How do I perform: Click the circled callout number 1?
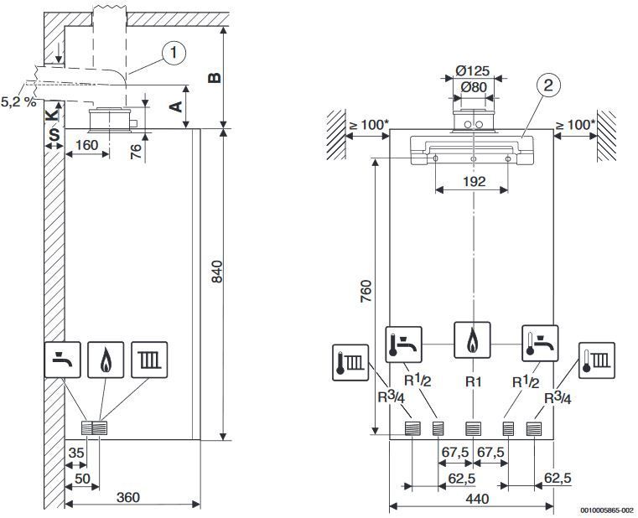[174, 53]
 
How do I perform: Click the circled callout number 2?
[548, 85]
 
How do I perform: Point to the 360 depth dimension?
[128, 497]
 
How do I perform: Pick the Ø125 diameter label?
[472, 70]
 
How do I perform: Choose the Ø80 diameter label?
[474, 86]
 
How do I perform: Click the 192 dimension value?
[474, 181]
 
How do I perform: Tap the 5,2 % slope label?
[18, 101]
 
